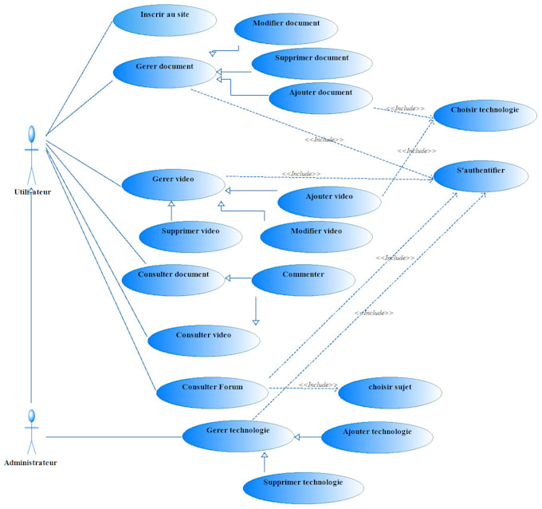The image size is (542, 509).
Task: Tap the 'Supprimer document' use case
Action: (311, 62)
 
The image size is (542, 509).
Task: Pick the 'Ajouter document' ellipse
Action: (321, 97)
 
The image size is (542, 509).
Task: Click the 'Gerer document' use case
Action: (164, 71)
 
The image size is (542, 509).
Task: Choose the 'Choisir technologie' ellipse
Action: (485, 113)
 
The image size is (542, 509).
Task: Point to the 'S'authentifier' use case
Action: (480, 175)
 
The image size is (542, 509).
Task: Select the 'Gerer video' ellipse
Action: (173, 183)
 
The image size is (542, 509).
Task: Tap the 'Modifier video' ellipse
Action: (316, 234)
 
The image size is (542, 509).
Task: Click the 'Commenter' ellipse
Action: (303, 278)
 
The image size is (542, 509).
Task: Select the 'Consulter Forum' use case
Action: (211, 391)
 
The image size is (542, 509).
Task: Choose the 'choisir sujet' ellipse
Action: (389, 391)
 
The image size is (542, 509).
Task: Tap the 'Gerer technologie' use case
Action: (238, 435)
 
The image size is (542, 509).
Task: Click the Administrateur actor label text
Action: (30, 463)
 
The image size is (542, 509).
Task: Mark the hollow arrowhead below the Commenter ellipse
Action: (256, 321)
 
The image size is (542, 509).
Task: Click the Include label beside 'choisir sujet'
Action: (319, 385)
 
